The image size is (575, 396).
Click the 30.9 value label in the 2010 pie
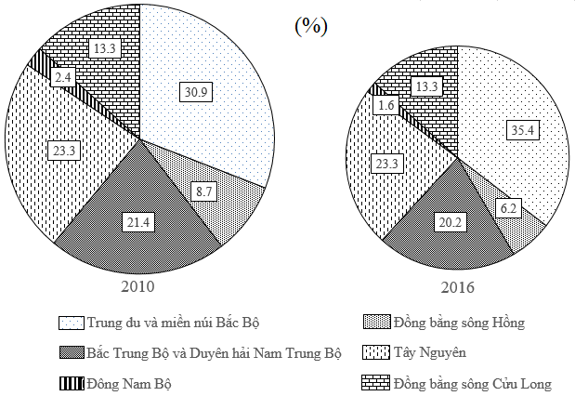tap(196, 89)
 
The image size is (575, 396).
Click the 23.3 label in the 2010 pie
tap(66, 146)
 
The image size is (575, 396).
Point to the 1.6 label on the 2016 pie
tap(387, 106)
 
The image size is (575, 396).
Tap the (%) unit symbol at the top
tap(310, 26)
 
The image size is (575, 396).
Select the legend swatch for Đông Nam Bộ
tap(72, 382)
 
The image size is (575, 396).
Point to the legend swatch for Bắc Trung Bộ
tap(72, 353)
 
